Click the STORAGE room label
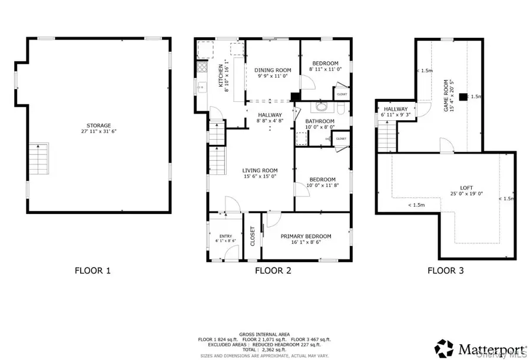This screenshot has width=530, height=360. click(x=98, y=125)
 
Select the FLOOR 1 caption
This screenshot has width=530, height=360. click(x=92, y=271)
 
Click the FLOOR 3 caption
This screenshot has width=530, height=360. click(x=445, y=271)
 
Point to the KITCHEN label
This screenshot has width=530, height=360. click(x=221, y=75)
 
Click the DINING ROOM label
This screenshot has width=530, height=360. click(x=273, y=70)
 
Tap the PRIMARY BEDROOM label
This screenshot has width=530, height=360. click(x=306, y=236)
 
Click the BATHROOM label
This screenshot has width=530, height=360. click(x=320, y=121)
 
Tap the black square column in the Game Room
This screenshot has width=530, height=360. click(x=464, y=97)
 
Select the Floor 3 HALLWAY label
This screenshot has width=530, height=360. click(x=396, y=109)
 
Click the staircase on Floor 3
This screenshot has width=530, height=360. click(x=385, y=138)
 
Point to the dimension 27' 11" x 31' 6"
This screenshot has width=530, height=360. click(x=98, y=132)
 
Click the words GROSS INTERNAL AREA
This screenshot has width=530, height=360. click(x=263, y=333)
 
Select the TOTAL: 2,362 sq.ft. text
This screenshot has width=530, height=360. click(x=263, y=350)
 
